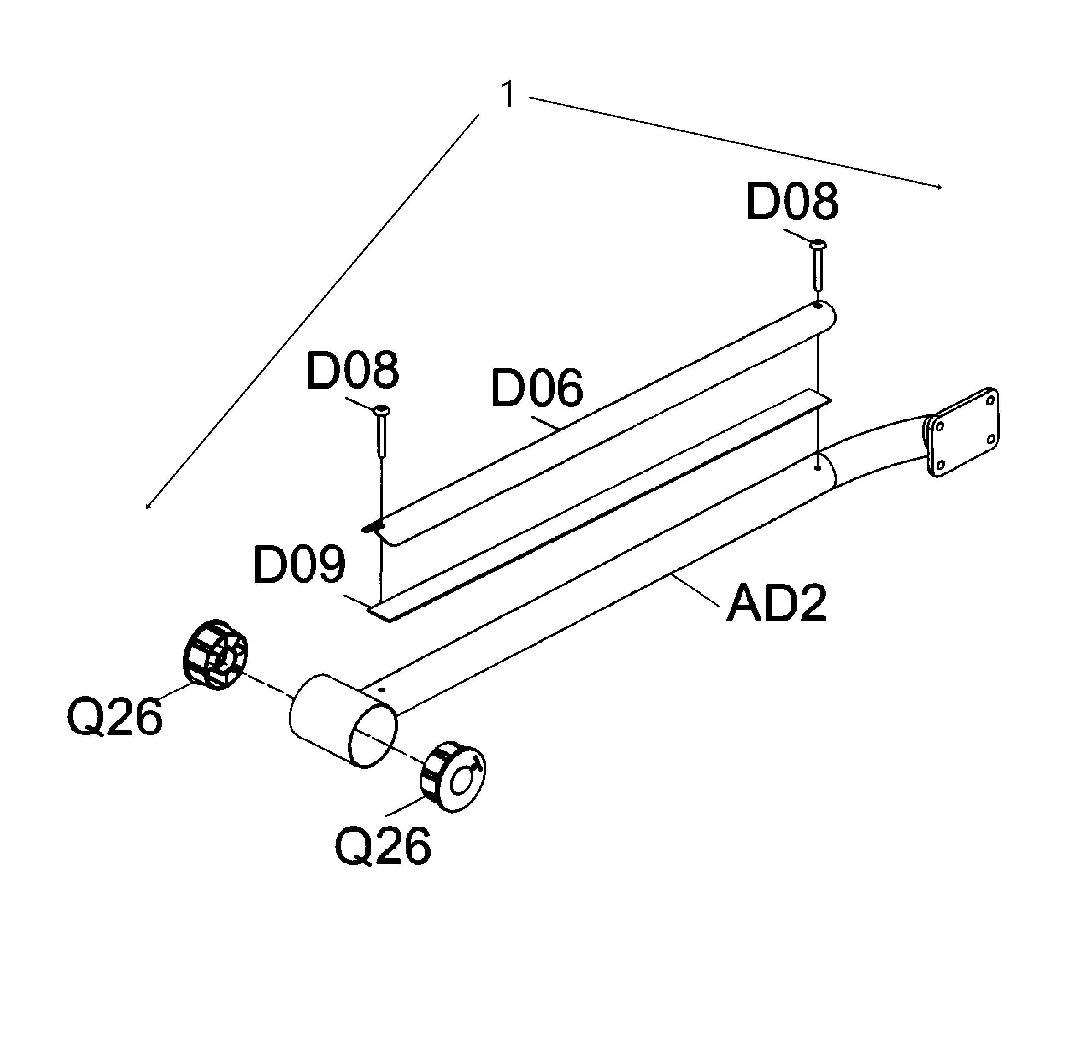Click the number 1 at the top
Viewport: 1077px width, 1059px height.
click(x=508, y=94)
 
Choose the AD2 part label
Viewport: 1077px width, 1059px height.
click(x=777, y=604)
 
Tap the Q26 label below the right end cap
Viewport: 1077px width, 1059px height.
click(x=382, y=846)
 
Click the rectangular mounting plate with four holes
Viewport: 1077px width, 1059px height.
click(x=962, y=432)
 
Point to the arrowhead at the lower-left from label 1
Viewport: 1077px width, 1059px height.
click(x=147, y=506)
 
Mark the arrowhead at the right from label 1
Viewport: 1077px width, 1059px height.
click(x=939, y=188)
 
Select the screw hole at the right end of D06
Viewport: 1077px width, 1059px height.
click(x=818, y=305)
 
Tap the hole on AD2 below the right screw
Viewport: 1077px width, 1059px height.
click(x=816, y=468)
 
